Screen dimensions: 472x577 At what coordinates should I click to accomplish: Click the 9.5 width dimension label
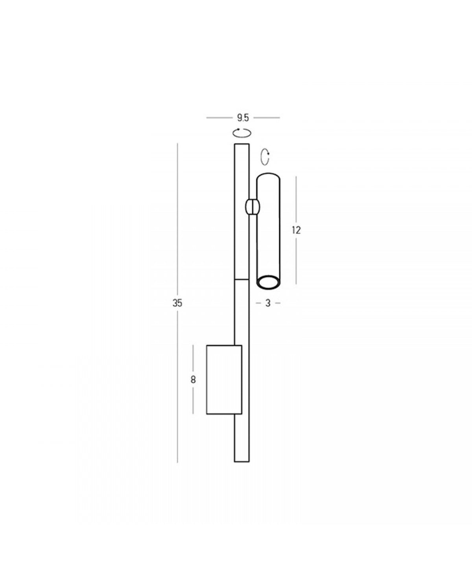pyautogui.click(x=243, y=118)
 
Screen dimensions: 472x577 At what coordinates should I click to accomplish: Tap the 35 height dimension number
pyautogui.click(x=177, y=303)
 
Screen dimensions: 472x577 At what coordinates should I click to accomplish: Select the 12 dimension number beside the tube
pyautogui.click(x=296, y=230)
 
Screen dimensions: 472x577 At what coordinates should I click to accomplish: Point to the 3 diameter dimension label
pyautogui.click(x=268, y=303)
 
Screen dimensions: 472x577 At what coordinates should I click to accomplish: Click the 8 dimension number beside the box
pyautogui.click(x=193, y=380)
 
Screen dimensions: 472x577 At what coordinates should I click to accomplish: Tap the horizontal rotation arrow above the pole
pyautogui.click(x=242, y=133)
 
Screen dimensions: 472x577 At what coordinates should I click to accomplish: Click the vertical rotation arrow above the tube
pyautogui.click(x=265, y=157)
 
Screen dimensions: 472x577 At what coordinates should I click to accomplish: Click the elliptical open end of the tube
pyautogui.click(x=268, y=282)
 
